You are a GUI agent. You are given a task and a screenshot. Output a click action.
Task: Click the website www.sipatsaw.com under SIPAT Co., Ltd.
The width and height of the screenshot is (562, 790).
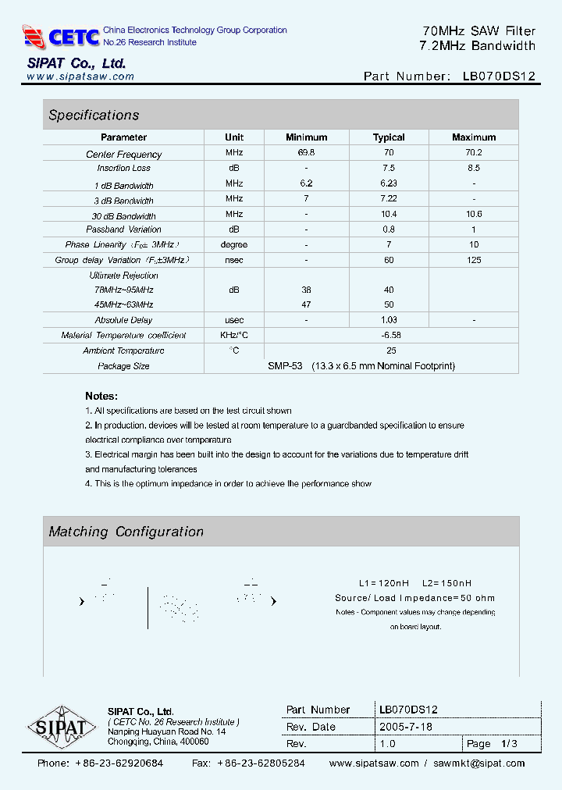point(80,77)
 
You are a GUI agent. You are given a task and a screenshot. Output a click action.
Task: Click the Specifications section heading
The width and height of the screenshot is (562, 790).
point(94,116)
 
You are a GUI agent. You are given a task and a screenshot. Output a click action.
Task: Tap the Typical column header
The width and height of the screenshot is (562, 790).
point(389,137)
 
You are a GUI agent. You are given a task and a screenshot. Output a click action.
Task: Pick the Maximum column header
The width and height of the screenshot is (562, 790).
point(474,137)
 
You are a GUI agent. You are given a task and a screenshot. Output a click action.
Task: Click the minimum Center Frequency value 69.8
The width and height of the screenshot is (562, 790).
point(306,154)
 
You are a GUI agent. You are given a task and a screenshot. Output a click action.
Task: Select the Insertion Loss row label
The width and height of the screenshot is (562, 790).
point(123,168)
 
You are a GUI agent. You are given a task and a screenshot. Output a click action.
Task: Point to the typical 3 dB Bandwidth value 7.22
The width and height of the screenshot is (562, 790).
point(389,199)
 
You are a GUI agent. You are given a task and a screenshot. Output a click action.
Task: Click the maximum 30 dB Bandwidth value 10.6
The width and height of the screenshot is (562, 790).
point(474,214)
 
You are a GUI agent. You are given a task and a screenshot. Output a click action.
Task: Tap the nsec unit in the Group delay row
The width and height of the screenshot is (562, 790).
point(234,260)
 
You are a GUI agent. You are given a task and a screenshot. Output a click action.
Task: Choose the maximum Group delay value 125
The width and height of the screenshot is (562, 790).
point(474,260)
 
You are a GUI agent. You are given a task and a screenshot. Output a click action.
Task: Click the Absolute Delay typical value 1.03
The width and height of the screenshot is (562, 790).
point(389,320)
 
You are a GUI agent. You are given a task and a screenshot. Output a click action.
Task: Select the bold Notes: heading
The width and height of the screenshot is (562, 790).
point(101,396)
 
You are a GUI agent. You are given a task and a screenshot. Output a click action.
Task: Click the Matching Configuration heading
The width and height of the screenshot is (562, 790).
point(126,532)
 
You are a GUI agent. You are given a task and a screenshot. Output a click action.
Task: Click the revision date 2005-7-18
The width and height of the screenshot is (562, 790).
point(406,727)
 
